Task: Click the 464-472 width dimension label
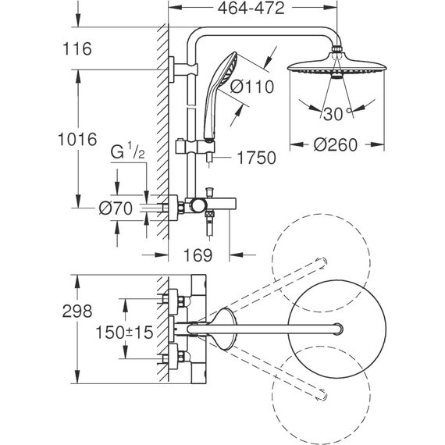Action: (x=251, y=9)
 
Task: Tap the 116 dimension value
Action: (x=77, y=48)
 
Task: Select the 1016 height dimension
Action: (x=77, y=139)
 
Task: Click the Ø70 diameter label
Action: (x=116, y=208)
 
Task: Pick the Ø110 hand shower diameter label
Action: (x=252, y=87)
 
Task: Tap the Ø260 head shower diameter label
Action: (x=336, y=144)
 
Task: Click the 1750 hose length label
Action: (x=256, y=158)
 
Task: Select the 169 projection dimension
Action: (x=198, y=255)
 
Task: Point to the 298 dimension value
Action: (x=77, y=311)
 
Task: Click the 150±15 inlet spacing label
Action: (x=124, y=333)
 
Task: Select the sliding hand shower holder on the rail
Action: (x=195, y=147)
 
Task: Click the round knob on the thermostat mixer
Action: (x=198, y=206)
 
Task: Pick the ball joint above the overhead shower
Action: (x=336, y=49)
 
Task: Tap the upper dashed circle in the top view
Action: (x=321, y=263)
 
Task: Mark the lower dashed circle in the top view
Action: (x=321, y=395)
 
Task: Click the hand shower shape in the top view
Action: (x=224, y=329)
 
